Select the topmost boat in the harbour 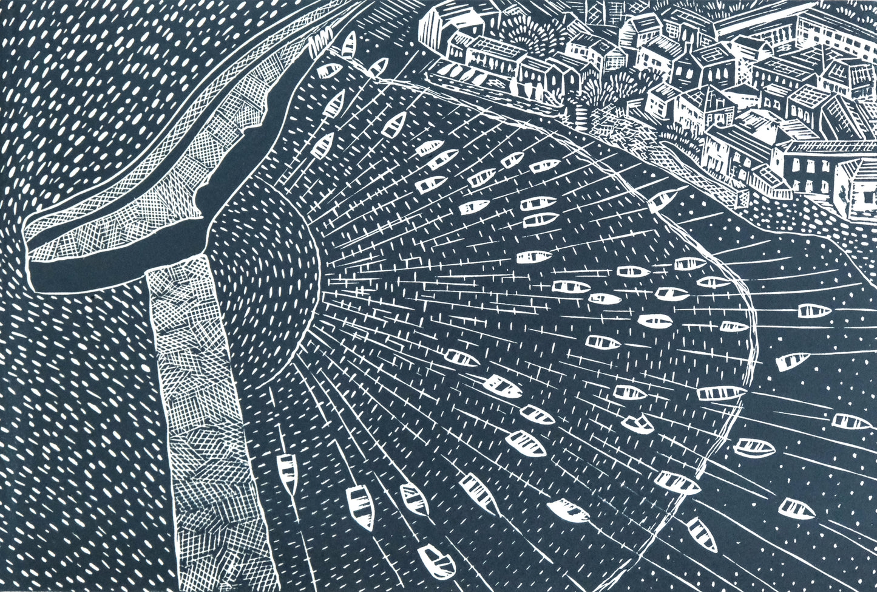pos(349,44)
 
